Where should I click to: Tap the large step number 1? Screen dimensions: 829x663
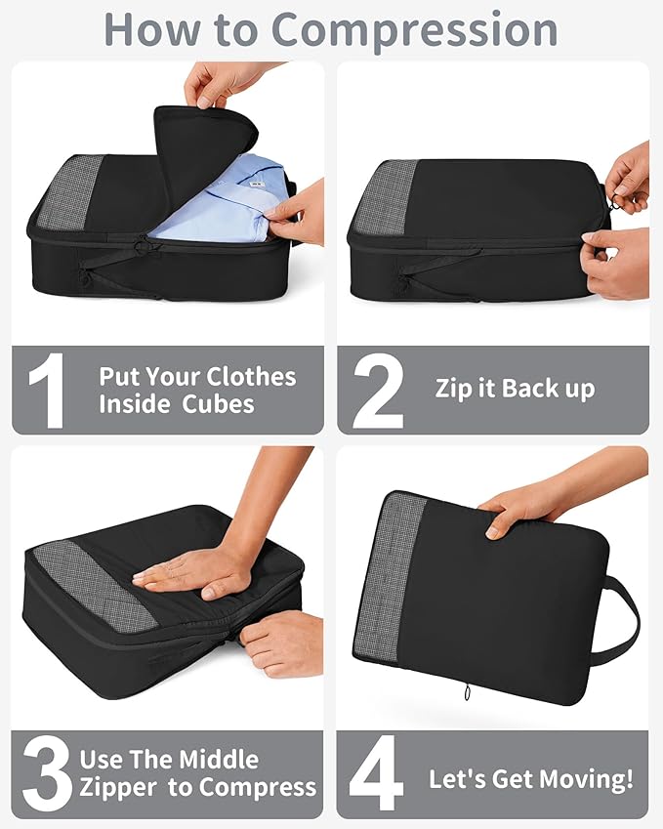point(46,391)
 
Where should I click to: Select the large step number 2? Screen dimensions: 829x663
point(378,391)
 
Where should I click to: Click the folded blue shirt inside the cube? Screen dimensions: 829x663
point(215,200)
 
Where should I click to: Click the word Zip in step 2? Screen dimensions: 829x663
point(455,389)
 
